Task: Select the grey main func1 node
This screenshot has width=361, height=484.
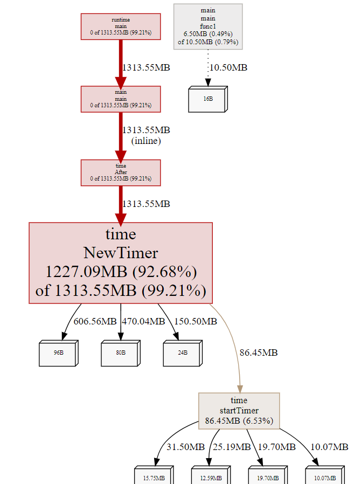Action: [x=208, y=26]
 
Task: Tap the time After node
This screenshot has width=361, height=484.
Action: [x=121, y=172]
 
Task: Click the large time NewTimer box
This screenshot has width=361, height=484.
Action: [x=121, y=263]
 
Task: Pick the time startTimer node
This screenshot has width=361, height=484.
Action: [x=239, y=411]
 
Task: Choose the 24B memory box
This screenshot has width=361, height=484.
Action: [x=183, y=353]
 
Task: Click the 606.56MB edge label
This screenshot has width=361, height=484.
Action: [x=95, y=322]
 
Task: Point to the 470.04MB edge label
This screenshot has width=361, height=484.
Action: [x=143, y=322]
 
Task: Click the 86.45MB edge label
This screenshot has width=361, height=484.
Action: [x=259, y=353]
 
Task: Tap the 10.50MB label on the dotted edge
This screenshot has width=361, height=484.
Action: [x=228, y=67]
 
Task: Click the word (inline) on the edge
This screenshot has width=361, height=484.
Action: [x=146, y=141]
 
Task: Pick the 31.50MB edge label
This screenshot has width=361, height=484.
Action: [x=185, y=447]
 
